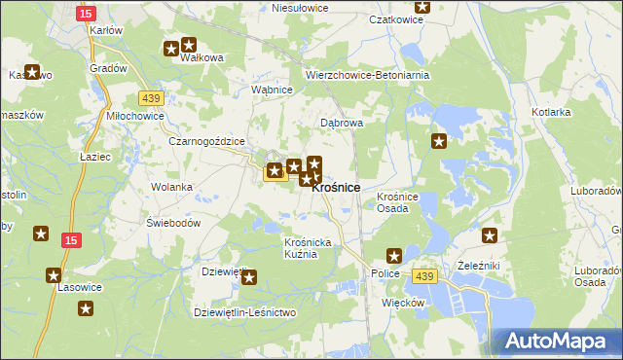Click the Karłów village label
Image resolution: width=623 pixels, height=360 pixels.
[x=105, y=30]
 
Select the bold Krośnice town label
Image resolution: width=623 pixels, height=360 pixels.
[x=336, y=187]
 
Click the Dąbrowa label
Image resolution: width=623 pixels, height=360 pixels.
[x=342, y=124]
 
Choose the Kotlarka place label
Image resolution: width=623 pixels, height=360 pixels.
[x=551, y=112]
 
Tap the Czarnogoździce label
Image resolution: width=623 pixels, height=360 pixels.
[x=205, y=141]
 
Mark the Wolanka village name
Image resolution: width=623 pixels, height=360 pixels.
[x=171, y=186]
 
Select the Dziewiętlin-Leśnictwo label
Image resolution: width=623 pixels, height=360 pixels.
[x=244, y=312]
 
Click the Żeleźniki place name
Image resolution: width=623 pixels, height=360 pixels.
[x=478, y=265]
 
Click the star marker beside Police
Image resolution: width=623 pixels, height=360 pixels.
[x=394, y=257]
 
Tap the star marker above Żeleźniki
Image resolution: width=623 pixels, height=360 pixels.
[x=490, y=235]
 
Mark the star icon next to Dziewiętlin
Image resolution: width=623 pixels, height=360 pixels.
[x=249, y=278]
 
